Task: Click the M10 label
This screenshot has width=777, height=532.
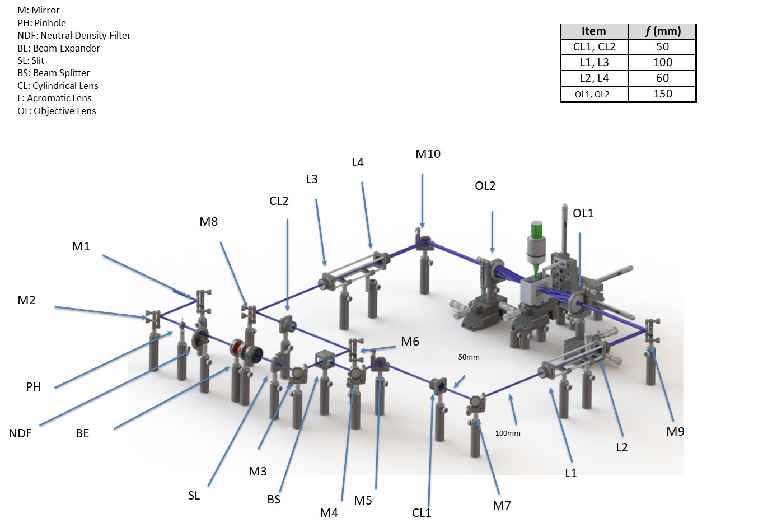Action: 428,154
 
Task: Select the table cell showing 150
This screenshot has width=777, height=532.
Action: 662,94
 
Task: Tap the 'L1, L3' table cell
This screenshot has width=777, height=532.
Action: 594,63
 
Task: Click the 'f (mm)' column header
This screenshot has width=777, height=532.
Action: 662,31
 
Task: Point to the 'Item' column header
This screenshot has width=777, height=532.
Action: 594,31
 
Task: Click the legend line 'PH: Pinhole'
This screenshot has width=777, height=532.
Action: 41,23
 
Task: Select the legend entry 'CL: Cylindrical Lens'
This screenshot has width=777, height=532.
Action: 58,86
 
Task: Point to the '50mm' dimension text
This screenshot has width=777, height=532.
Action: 469,357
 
